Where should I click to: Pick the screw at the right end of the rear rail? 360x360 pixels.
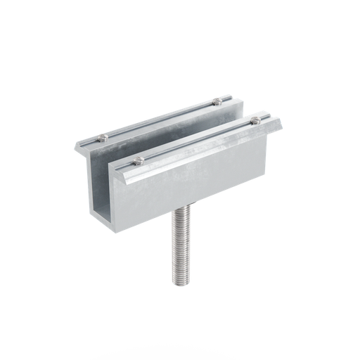[218, 103]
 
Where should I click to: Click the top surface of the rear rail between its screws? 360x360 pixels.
[162, 121]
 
